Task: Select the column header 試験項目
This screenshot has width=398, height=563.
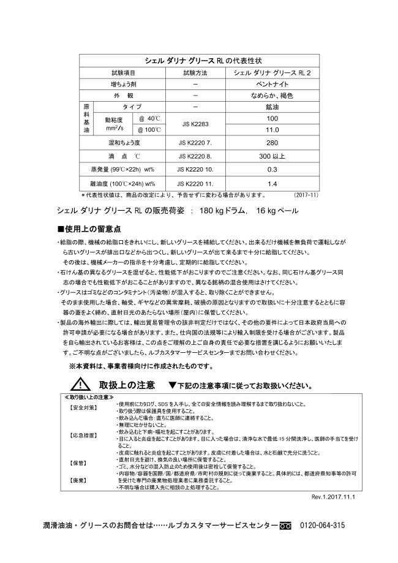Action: pyautogui.click(x=123, y=72)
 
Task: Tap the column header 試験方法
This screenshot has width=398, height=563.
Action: pyautogui.click(x=195, y=72)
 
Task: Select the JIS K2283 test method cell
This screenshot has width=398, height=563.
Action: pyautogui.click(x=195, y=124)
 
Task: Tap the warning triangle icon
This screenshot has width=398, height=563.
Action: pyautogui.click(x=79, y=385)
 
